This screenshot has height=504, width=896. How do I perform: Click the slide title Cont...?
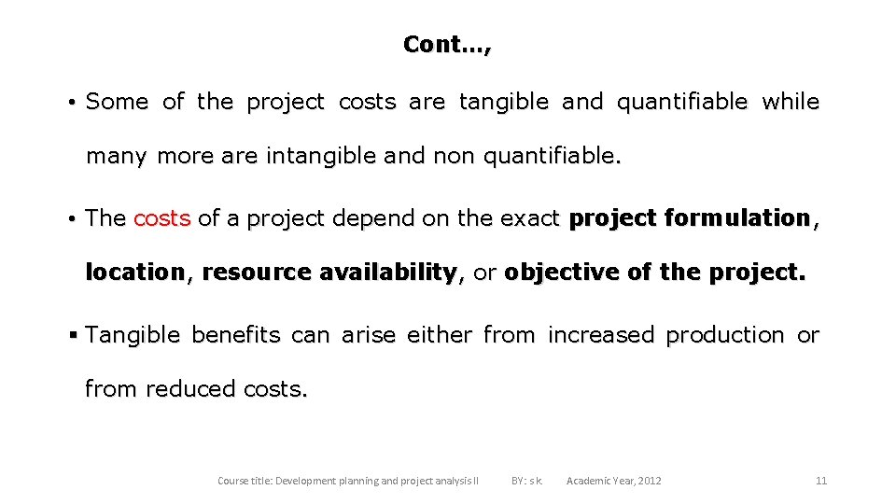pos(447,44)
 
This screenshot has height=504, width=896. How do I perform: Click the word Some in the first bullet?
pos(117,102)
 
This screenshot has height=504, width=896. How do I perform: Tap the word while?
pos(790,102)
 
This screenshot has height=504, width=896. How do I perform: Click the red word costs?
pos(161,218)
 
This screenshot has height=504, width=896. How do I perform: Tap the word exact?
pos(527,218)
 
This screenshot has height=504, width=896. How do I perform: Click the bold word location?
pos(134,273)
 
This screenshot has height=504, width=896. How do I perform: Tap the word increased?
pos(600,335)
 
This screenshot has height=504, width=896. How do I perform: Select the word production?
pos(724,335)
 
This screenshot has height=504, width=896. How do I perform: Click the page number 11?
pos(821,481)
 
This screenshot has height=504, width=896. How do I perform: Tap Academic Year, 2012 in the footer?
pos(613,481)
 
